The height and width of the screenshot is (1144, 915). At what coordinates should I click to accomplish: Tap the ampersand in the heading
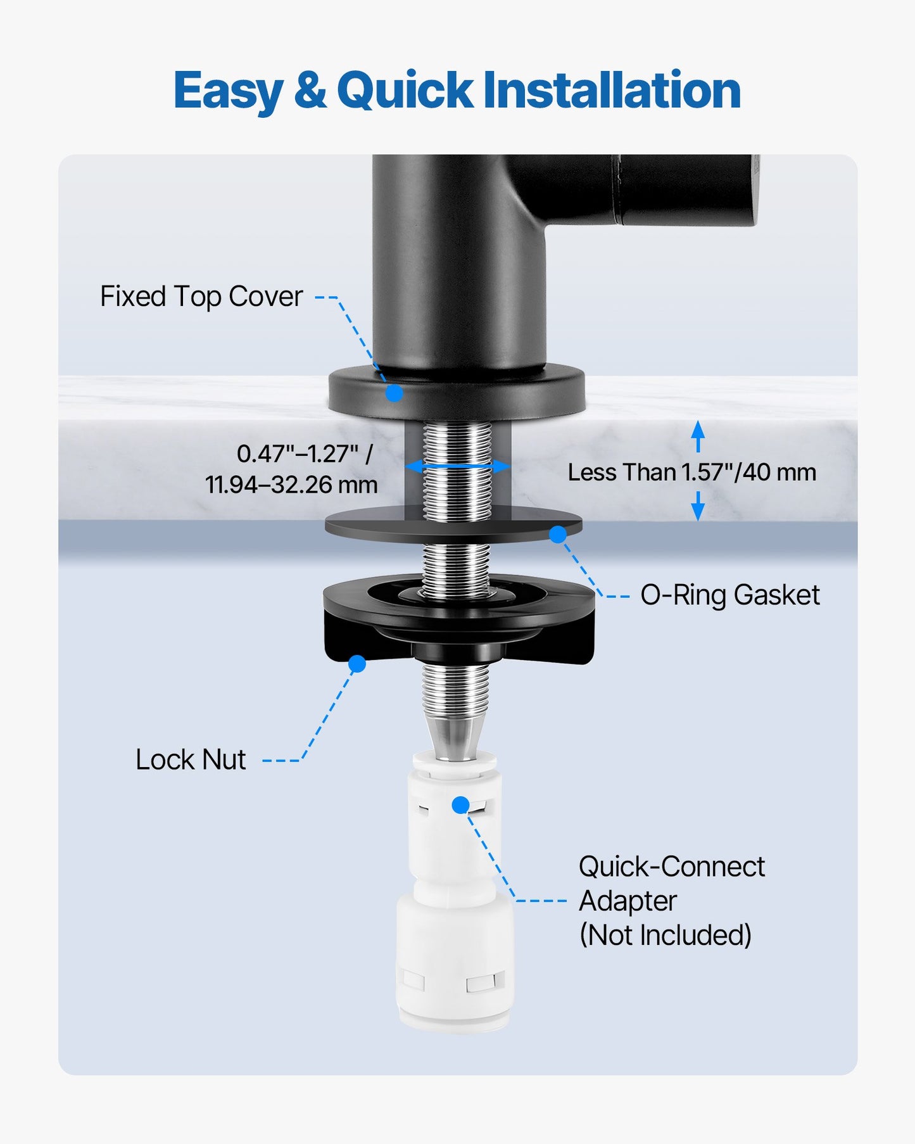310,90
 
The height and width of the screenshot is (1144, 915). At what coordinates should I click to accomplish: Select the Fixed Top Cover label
201,296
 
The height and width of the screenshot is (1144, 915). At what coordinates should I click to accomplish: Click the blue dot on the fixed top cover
394,393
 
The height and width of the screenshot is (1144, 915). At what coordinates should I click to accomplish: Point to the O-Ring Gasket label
730,595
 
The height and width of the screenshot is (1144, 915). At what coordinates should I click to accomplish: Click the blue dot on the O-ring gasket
558,535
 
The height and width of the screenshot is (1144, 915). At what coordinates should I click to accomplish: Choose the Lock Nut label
191,759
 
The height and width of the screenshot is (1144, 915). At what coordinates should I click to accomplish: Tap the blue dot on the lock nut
357,664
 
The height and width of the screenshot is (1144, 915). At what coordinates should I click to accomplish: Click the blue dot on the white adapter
461,805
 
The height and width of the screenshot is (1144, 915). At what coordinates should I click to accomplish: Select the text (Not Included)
666,935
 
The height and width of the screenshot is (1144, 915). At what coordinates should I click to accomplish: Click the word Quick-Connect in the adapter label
672,867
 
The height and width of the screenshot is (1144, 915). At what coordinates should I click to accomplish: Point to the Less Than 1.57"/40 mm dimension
692,472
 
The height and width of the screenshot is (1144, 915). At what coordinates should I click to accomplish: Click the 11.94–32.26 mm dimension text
291,485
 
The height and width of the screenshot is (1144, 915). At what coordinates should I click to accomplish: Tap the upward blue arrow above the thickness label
698,436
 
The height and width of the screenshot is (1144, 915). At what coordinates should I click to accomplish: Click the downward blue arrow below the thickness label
698,506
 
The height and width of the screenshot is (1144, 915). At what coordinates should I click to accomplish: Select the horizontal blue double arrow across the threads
457,467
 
